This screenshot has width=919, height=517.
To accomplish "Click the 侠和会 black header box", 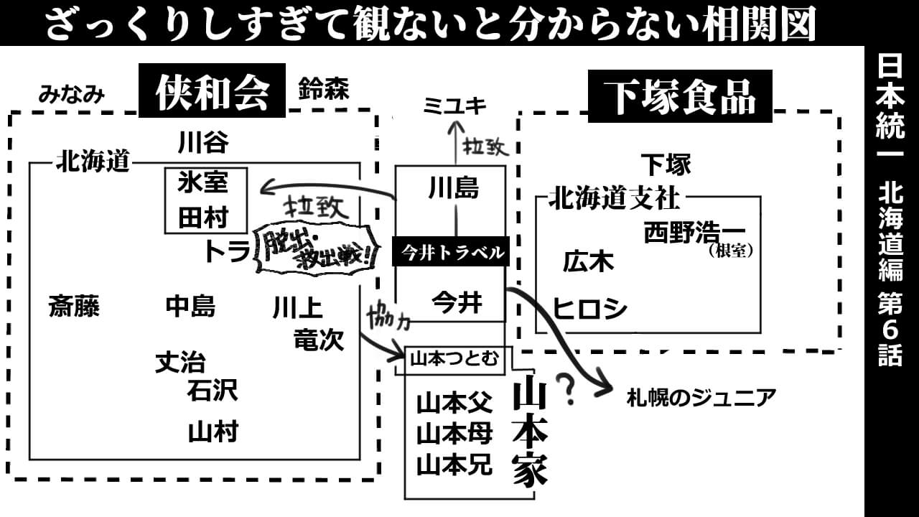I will click(212, 91).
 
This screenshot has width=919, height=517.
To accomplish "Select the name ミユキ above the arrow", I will click(454, 106).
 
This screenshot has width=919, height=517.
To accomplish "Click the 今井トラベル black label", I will click(451, 252).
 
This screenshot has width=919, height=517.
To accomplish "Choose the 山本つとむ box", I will click(453, 359).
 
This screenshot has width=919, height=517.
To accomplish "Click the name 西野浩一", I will click(694, 233).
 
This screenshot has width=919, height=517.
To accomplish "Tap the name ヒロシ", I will click(589, 309).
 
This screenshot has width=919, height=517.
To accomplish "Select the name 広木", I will click(588, 262).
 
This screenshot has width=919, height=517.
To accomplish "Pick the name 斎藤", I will click(74, 307).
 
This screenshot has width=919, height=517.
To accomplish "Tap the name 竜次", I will click(319, 340).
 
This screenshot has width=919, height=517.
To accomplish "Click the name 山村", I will click(213, 432).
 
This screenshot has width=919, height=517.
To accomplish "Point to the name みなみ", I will click(72, 94).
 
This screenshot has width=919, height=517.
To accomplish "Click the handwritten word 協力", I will click(388, 317).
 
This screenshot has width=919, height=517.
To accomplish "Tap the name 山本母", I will click(454, 434).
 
